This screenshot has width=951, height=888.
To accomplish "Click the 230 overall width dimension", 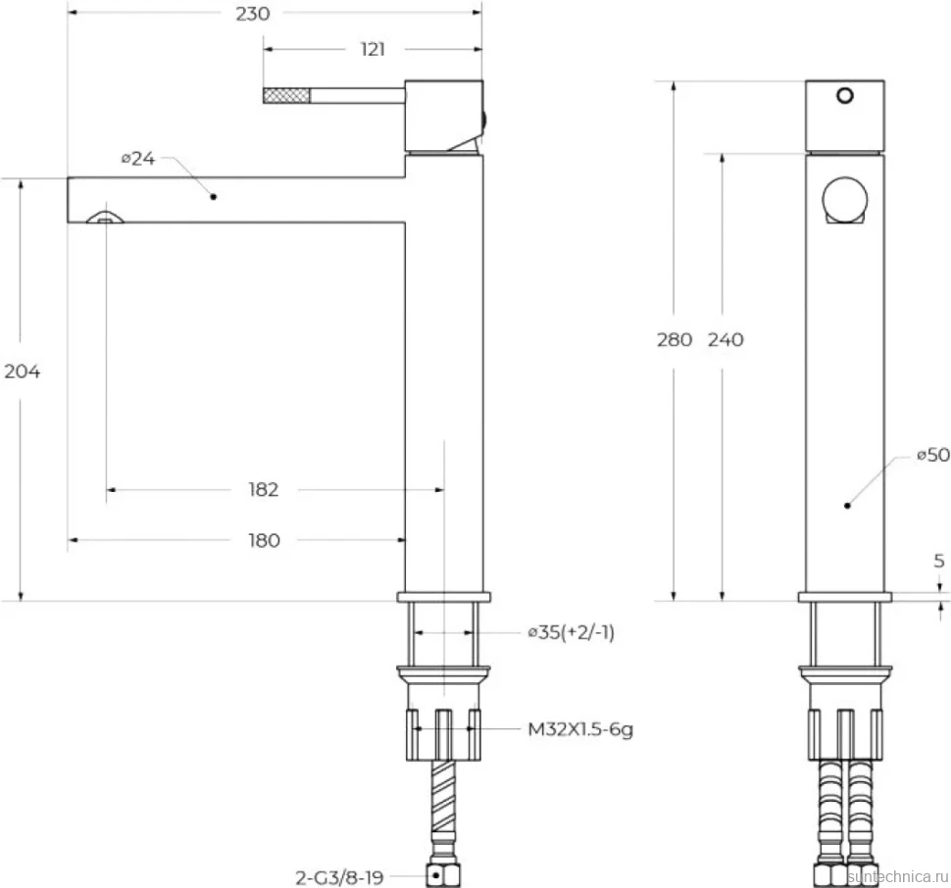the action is (x=253, y=14).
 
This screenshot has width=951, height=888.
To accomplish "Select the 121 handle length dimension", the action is (x=373, y=49).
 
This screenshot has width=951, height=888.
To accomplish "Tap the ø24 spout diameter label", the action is (x=138, y=158).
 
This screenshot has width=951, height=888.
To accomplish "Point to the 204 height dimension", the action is (x=23, y=370).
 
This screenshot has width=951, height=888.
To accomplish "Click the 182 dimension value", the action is (x=263, y=489).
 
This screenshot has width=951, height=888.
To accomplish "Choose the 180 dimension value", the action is (x=264, y=540).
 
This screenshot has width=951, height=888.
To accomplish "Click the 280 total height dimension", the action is (x=675, y=339).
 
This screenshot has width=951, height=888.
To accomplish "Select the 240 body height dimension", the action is (x=726, y=339).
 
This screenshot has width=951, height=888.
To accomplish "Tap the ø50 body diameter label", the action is (x=933, y=454).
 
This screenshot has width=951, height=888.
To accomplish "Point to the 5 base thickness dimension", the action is (x=939, y=561).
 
